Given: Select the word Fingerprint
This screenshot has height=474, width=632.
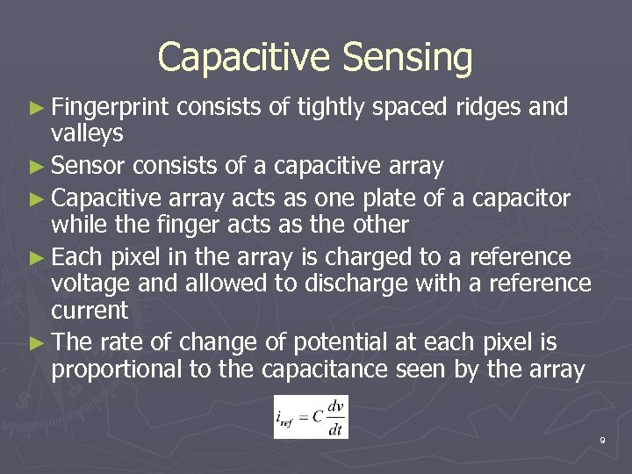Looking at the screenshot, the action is (111, 108).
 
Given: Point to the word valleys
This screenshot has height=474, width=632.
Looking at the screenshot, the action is (87, 134).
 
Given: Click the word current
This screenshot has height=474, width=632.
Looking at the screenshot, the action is (90, 311).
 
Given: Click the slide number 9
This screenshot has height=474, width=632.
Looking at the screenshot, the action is (602, 440).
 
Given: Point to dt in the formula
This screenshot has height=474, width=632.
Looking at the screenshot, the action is (335, 427).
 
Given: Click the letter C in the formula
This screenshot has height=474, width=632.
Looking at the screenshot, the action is (317, 417).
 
